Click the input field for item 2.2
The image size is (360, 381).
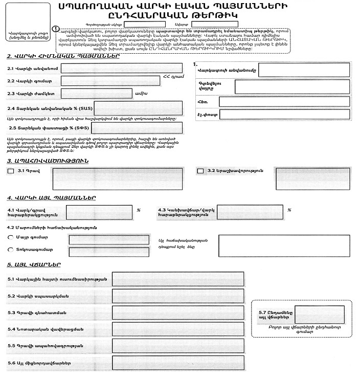[110, 81]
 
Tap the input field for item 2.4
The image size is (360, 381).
[138, 108]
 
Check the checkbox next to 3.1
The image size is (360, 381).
[11, 172]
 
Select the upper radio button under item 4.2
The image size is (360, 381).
[10, 238]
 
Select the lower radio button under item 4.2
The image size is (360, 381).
[10, 250]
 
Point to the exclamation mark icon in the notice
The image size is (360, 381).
[55, 30]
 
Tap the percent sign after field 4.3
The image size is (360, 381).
[289, 210]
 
